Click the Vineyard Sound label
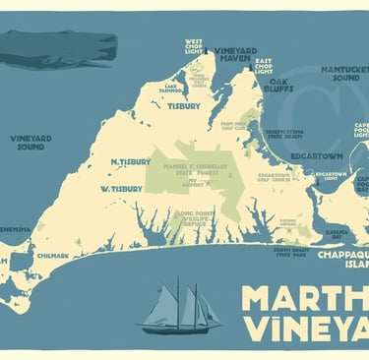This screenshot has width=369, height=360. [x=31, y=143]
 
